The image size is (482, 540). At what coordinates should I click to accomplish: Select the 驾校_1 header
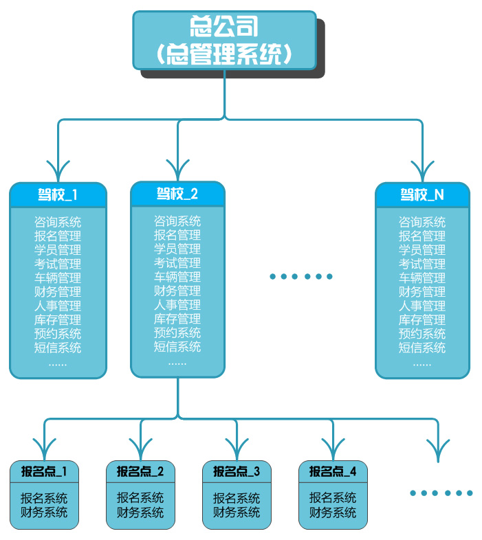click(58, 194)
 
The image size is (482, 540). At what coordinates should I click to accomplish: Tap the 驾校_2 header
click(177, 194)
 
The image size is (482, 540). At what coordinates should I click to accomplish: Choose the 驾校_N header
click(422, 194)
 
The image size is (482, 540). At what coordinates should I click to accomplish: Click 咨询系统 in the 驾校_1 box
click(58, 222)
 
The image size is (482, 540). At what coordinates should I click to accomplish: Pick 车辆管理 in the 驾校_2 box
click(177, 277)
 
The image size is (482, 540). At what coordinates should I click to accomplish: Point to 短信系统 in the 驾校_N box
click(422, 348)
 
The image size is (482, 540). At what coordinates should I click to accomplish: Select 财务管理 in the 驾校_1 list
click(58, 292)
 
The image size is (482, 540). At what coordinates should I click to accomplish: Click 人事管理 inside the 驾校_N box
click(422, 306)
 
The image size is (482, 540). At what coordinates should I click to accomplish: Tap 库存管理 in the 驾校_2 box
click(177, 319)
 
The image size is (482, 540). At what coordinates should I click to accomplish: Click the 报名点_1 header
click(44, 471)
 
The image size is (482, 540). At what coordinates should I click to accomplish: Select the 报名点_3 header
click(237, 471)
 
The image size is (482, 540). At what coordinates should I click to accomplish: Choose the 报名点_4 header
click(333, 471)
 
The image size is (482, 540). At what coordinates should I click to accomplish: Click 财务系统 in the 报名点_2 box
click(140, 513)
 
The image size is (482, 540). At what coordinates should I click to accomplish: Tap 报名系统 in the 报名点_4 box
click(333, 498)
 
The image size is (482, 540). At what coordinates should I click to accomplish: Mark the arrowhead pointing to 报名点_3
click(237, 450)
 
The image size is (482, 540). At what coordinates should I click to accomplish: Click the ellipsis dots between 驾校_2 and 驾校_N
click(301, 276)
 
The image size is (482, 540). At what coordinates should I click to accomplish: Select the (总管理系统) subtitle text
click(224, 54)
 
